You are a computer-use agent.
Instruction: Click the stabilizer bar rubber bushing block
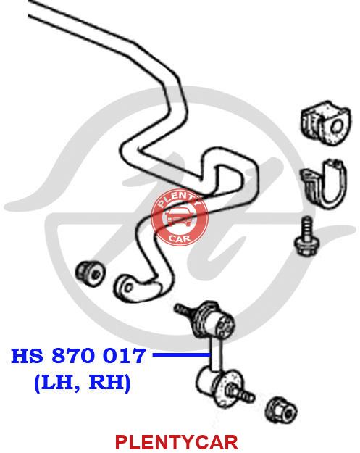[x=325, y=123]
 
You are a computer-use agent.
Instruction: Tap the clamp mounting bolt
[x=307, y=238]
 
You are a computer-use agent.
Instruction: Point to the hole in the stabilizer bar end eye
[x=128, y=288]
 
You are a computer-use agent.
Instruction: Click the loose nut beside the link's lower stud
[x=282, y=411]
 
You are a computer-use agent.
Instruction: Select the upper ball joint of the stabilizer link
[x=214, y=320]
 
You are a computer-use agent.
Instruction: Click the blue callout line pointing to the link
[x=181, y=354]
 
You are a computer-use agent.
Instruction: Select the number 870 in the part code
[x=73, y=356]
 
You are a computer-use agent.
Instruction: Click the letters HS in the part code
[x=27, y=356]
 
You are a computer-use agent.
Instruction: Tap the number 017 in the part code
[x=124, y=356]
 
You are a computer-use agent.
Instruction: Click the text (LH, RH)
[x=83, y=382]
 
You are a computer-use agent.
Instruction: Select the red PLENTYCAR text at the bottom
[x=177, y=442]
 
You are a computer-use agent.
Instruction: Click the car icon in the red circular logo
[x=180, y=217]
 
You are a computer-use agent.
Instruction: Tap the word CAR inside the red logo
[x=180, y=238]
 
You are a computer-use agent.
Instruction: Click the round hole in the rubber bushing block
[x=336, y=128]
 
